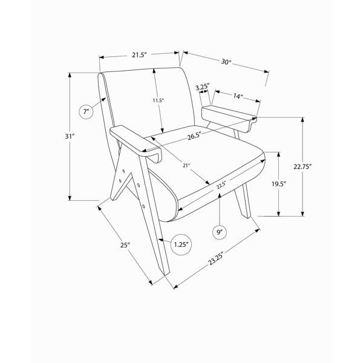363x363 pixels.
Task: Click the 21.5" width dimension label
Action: point(140,55)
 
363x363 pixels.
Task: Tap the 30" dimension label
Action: point(226,62)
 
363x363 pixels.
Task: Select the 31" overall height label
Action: point(70,137)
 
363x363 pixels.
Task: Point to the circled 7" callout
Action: point(86,112)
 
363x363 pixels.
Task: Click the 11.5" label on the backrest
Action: point(158,100)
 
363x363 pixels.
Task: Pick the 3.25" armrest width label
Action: point(202,87)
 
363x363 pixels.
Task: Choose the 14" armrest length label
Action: point(238,96)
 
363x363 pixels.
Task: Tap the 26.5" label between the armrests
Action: point(194,136)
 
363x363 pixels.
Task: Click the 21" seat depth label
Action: point(186,165)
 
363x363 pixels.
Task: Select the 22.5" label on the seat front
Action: point(221,185)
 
